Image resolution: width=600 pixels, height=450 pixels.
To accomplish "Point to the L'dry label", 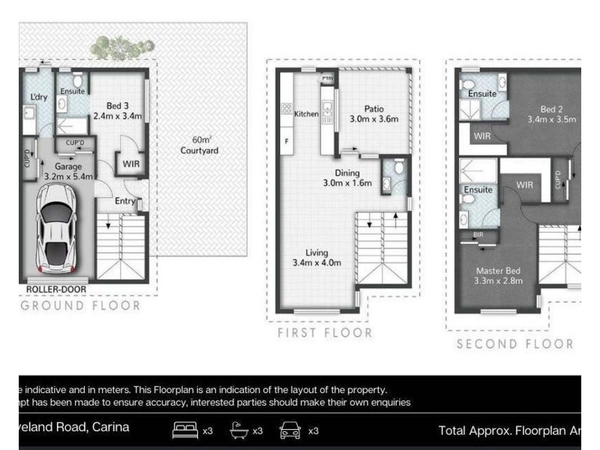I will coord(38,97).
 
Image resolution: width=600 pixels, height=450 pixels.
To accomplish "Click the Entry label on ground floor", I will coord(125,200).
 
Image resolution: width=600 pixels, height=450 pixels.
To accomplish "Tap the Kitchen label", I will coord(306,114).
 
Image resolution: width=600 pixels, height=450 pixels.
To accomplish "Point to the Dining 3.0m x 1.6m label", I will coord(347,177).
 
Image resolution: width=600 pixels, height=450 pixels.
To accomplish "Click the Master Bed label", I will coord(499,275).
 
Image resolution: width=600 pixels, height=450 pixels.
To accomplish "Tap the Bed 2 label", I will coord(551,113).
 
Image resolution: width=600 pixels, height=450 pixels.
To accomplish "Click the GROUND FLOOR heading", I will coord(80,306).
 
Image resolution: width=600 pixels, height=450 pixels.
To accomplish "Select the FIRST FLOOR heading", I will coord(324,333).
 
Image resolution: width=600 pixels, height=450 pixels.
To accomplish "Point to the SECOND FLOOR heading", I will coord(515,344).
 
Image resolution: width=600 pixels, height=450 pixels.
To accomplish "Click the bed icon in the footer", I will coord(185,430).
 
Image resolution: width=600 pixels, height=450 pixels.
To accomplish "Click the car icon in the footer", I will coord(290,430).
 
